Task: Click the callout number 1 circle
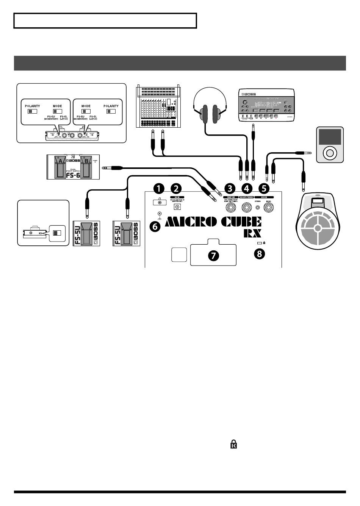pos(159,188)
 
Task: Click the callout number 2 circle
pos(176,188)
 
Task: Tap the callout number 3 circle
pos(230,188)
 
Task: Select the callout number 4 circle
pos(247,188)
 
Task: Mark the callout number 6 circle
pos(155,226)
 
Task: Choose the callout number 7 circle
pos(213,256)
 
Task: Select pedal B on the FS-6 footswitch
pos(86,167)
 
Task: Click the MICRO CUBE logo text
pos(213,222)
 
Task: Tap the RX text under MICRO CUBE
pos(252,233)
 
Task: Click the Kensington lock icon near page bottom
pos(234,444)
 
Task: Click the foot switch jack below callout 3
pos(230,207)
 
